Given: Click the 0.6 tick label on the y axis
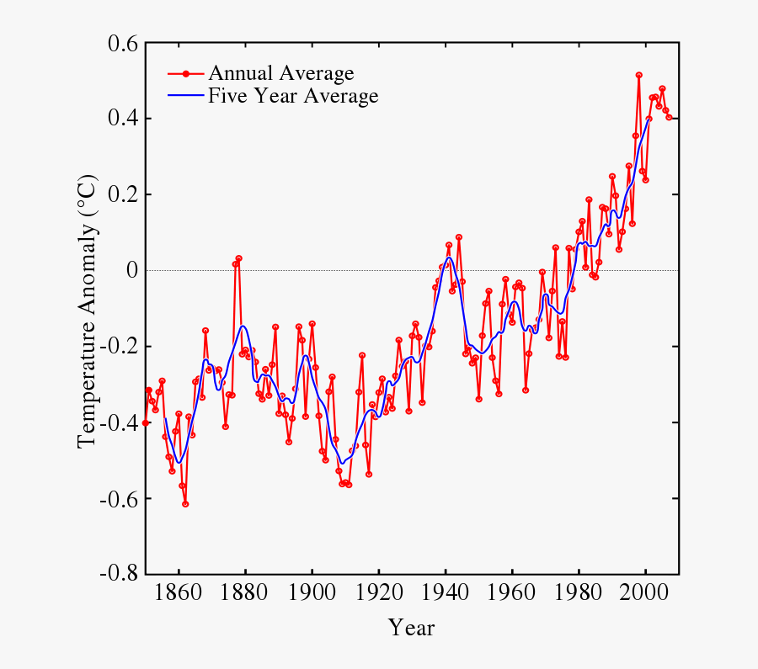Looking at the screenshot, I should click(122, 44).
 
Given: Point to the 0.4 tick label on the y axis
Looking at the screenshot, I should click(122, 119).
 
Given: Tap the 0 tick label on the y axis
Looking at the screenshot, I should click(131, 271).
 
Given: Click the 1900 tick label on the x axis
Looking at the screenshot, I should click(312, 592).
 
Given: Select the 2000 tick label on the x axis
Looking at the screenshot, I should click(645, 592).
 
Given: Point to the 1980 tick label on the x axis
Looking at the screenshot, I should click(579, 592).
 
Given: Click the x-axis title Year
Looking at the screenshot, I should click(411, 628).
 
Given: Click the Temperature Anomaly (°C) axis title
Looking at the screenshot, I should click(88, 311).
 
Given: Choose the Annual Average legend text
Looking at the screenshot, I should click(280, 73).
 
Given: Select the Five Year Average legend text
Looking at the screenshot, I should click(293, 96).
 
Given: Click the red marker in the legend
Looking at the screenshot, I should click(186, 73).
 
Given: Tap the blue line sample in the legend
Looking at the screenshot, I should click(186, 96).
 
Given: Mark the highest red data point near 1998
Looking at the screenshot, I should click(639, 75).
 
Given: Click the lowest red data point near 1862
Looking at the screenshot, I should click(185, 504).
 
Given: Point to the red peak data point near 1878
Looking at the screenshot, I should click(239, 258).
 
